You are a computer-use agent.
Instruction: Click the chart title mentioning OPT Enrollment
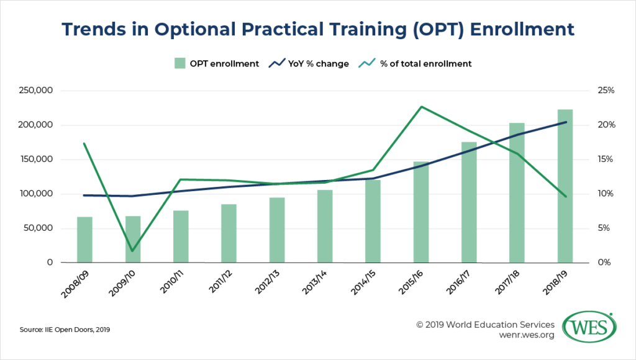[318, 29]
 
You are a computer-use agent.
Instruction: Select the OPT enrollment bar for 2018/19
[565, 186]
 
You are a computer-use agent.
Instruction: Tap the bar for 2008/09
[84, 240]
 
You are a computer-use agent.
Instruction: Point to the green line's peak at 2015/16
[421, 107]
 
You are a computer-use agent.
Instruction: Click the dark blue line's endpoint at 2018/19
[565, 122]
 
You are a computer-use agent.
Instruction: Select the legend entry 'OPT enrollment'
[216, 63]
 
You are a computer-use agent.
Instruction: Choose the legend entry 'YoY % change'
[310, 63]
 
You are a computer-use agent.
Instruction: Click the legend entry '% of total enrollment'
[418, 63]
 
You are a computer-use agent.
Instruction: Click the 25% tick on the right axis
[606, 91]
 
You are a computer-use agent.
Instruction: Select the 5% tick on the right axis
[606, 228]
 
